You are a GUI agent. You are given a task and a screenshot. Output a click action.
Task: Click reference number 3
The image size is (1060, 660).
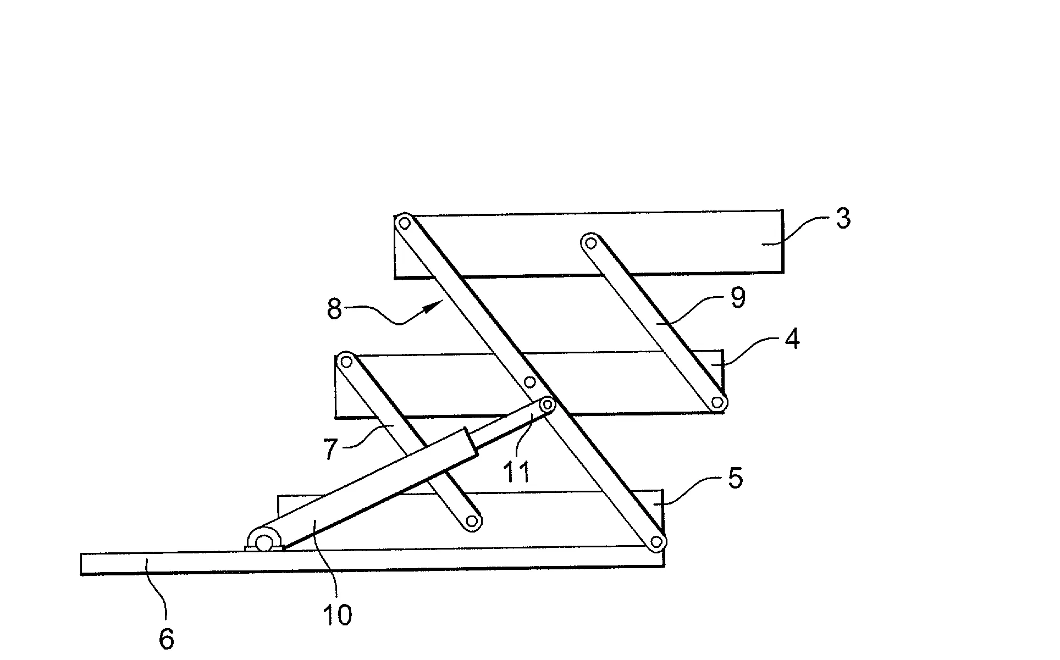[843, 219]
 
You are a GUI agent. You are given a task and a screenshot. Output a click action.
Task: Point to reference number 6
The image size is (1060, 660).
[166, 639]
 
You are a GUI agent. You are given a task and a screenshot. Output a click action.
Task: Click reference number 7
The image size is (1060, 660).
[330, 449]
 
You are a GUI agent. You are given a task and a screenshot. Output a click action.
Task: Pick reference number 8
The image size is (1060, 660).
[334, 309]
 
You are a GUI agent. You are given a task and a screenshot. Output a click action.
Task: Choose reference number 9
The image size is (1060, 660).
[737, 298]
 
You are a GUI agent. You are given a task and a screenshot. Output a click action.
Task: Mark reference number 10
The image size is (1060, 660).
[337, 615]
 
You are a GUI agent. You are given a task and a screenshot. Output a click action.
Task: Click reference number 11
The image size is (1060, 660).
[517, 472]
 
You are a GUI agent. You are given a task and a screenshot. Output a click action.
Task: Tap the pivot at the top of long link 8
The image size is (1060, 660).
[405, 223]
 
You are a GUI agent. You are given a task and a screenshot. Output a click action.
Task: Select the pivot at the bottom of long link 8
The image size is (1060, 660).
[655, 542]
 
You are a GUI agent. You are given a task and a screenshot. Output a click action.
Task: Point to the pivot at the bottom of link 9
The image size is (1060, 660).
[717, 403]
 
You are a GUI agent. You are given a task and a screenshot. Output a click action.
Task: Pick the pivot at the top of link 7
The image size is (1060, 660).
[346, 361]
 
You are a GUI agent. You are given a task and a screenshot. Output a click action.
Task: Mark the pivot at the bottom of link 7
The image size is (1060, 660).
[471, 521]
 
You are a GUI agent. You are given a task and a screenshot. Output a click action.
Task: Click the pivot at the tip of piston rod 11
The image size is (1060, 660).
[547, 404]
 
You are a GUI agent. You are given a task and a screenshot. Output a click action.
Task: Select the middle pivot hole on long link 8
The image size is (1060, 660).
[529, 381]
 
